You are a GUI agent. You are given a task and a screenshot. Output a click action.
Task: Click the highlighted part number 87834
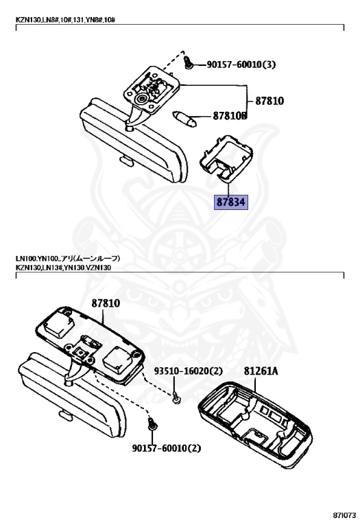[231, 202]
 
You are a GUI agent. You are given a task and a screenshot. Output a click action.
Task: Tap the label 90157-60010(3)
[241, 65]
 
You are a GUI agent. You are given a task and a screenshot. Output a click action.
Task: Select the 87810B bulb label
[230, 116]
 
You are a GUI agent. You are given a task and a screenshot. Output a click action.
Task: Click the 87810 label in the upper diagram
[269, 101]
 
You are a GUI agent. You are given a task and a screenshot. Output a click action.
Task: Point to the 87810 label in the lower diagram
[106, 303]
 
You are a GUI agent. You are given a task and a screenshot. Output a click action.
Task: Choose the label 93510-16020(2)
[189, 371]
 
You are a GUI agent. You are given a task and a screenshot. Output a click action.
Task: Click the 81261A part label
[261, 371]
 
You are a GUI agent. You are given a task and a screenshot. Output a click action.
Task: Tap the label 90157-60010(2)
[166, 448]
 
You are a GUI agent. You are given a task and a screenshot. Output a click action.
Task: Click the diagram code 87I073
[344, 515]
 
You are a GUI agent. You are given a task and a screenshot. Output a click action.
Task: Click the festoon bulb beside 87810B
[184, 119]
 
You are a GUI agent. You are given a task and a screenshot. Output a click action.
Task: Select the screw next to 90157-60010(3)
[188, 62]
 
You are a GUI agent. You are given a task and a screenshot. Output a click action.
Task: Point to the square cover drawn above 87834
[225, 157]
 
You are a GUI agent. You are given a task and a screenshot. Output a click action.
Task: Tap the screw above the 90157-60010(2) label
[152, 423]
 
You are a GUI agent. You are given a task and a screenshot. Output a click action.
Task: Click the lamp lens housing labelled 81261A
[255, 425]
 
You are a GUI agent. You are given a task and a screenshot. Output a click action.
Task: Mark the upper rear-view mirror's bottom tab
[128, 161]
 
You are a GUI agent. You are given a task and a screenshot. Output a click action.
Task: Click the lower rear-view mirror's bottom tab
[66, 415]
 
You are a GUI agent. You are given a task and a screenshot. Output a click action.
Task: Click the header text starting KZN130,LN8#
[65, 20]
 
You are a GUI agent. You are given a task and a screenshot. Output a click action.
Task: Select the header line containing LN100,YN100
[68, 259]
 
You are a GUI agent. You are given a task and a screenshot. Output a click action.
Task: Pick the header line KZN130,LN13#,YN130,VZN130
[63, 268]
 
